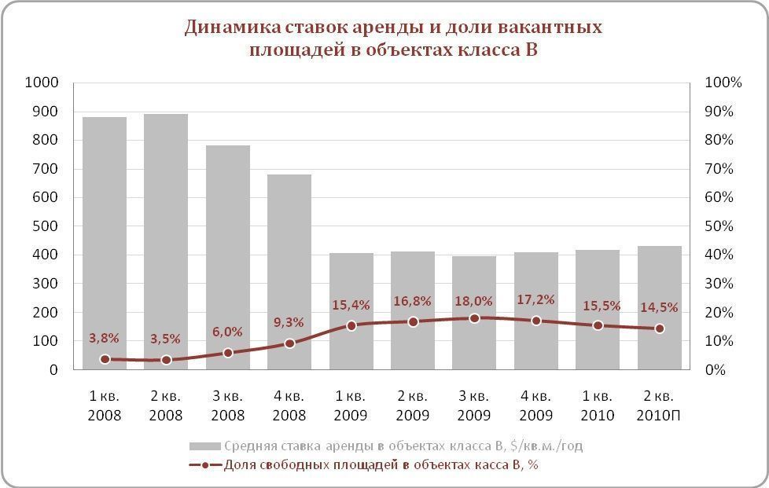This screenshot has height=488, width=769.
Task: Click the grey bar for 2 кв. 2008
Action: click(166, 236)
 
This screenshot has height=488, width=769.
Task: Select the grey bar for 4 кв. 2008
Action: click(289, 267)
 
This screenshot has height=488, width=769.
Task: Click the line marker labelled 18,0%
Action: click(474, 318)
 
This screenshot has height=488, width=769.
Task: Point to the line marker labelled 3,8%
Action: click(105, 359)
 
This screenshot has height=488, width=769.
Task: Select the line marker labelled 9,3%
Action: click(289, 343)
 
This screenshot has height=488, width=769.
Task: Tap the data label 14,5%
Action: click(659, 307)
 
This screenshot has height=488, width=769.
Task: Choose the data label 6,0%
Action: click(227, 332)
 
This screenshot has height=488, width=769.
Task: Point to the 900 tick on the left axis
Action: click(43, 112)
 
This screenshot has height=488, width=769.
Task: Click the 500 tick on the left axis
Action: click(43, 226)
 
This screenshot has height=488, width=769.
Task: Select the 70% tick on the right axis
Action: click(718, 169)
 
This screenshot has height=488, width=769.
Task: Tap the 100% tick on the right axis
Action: click(721, 83)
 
